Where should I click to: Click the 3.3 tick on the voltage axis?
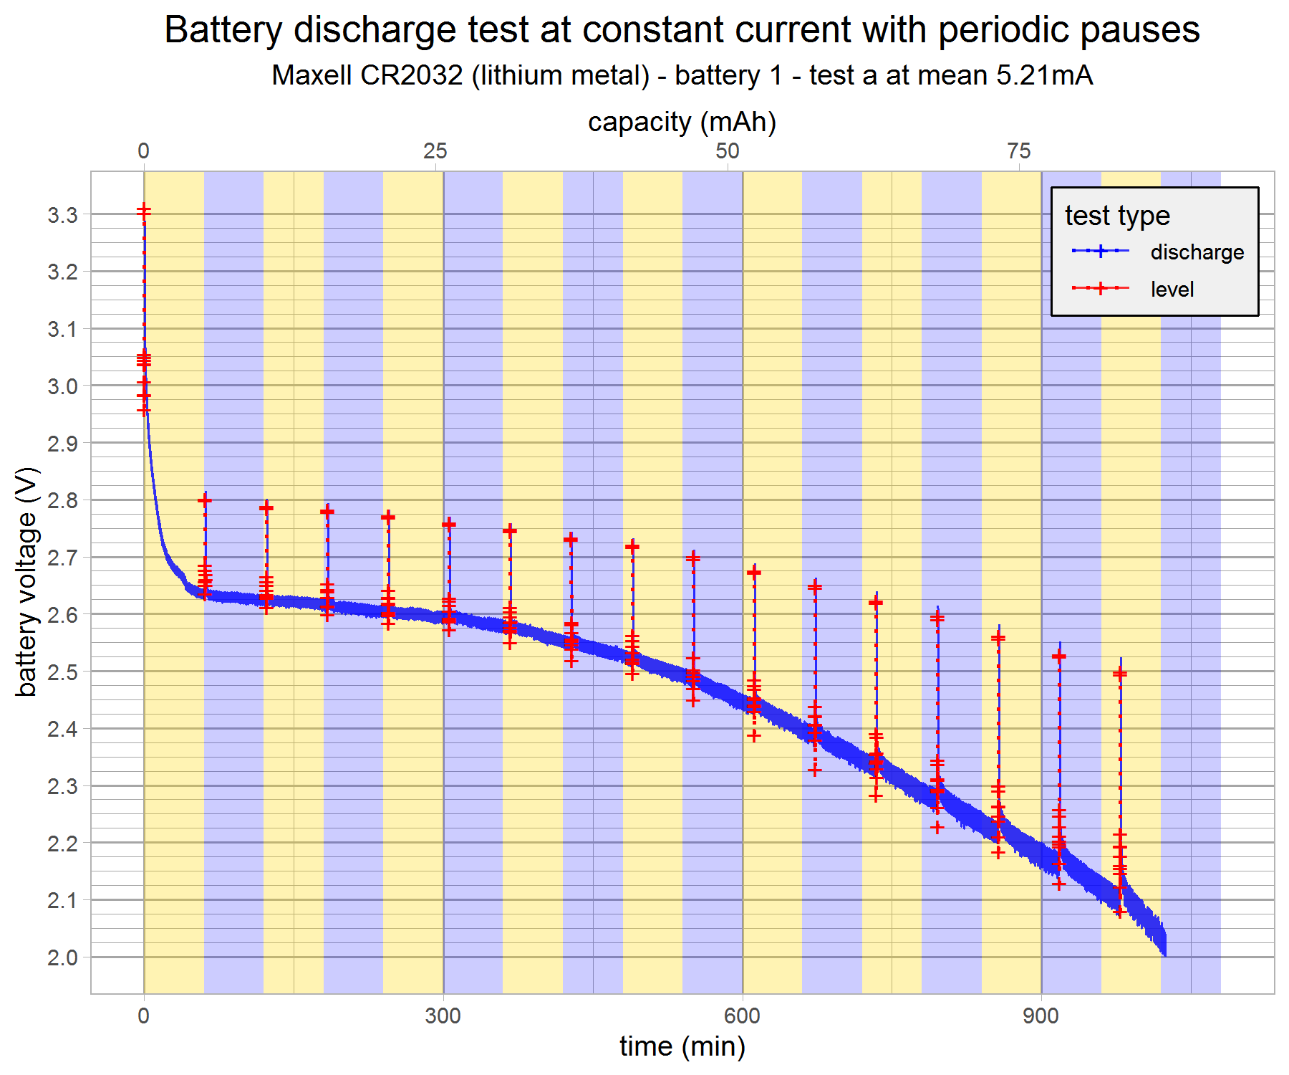[x=62, y=214]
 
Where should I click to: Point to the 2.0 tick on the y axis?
[x=62, y=957]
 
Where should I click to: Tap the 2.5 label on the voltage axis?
[x=62, y=672]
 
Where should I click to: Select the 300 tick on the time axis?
[x=443, y=1016]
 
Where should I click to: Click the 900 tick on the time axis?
[x=1041, y=1016]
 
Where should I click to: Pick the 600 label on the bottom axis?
[x=742, y=1016]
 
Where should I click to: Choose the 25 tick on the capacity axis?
[x=435, y=151]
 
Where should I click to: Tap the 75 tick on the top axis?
[x=1018, y=151]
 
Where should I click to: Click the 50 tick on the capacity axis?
[x=727, y=151]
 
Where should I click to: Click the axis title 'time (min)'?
[x=682, y=1047]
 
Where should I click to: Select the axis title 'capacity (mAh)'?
[x=682, y=122]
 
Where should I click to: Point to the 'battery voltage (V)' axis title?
[x=26, y=582]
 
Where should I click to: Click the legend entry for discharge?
[x=1197, y=252]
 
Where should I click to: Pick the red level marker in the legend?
[x=1101, y=289]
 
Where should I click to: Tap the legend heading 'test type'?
[x=1116, y=216]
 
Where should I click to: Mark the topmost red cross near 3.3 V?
[x=144, y=210]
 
